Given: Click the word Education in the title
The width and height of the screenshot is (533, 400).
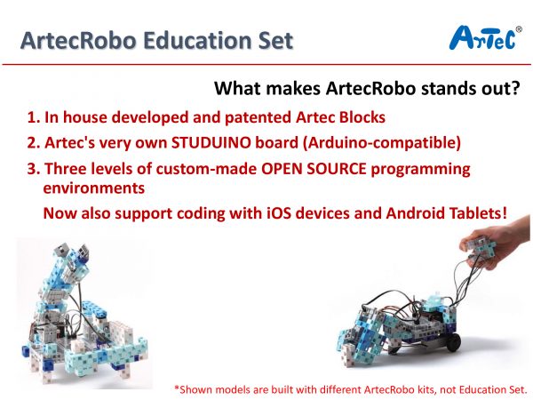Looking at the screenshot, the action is coord(198,41).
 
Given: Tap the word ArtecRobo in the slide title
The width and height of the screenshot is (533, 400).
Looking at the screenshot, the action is coord(78,41).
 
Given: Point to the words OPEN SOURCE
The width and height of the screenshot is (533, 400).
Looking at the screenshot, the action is coord(314,168).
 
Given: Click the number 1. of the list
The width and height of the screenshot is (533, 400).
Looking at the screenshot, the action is coord(34,117).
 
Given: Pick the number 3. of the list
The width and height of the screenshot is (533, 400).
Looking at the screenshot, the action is coord(34,168).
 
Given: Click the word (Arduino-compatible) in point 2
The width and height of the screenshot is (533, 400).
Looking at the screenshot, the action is coord(382,142).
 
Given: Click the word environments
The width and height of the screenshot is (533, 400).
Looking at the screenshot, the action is coord(94,188).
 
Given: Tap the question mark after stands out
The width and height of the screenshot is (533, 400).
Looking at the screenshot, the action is coord(515,88).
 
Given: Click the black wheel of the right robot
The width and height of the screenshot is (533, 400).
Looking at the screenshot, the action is coord(453,341).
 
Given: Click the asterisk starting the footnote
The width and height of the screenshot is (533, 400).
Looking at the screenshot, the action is coord(177,388).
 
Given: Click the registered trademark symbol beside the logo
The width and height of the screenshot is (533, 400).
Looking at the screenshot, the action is coord(519,29).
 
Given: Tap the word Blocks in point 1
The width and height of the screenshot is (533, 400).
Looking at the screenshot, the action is coord(362,117).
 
